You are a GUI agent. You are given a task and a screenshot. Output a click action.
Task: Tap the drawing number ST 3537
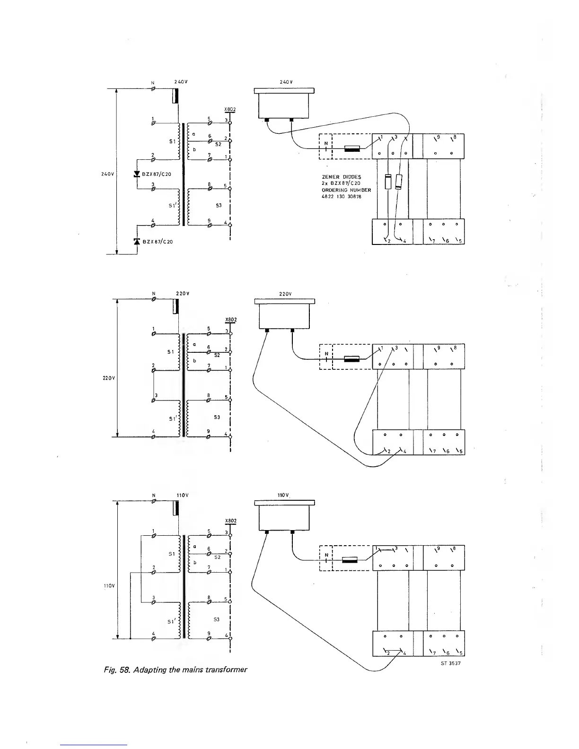click(451, 663)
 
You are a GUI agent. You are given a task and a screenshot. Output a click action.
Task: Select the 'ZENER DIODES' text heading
click(341, 177)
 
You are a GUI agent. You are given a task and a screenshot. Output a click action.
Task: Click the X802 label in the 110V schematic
click(230, 521)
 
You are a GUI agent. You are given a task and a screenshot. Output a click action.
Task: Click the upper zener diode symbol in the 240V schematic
click(137, 174)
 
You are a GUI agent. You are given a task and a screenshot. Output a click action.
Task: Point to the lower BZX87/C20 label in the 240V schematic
click(157, 242)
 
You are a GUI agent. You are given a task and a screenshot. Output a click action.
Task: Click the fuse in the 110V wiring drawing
click(351, 560)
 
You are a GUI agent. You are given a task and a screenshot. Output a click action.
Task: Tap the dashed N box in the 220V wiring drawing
click(326, 357)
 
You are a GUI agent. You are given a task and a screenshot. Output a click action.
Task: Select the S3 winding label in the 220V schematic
click(217, 417)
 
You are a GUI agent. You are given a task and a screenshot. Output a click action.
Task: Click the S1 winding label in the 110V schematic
click(172, 553)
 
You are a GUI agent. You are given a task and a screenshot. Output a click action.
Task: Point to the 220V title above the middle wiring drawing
click(285, 294)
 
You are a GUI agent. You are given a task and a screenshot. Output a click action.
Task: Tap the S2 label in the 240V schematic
click(218, 145)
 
